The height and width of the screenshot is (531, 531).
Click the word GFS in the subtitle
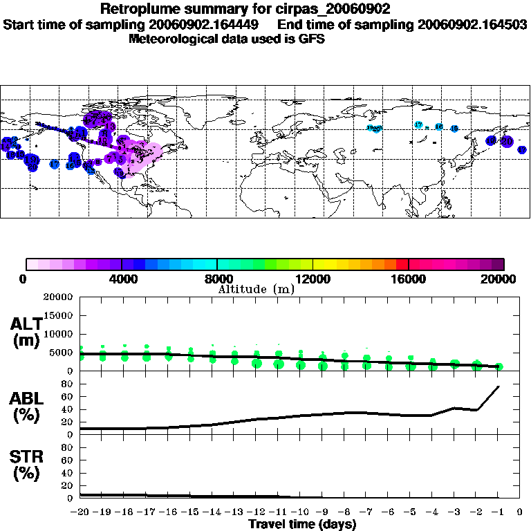pyautogui.click(x=310, y=39)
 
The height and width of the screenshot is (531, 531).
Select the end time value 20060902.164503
pyautogui.click(x=472, y=24)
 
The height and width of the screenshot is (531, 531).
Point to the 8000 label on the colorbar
pyautogui.click(x=216, y=279)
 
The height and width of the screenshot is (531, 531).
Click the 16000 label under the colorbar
pyautogui.click(x=408, y=279)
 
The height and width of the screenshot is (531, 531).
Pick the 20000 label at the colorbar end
pyautogui.click(x=503, y=279)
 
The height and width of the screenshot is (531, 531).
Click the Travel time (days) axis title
pyautogui.click(x=302, y=524)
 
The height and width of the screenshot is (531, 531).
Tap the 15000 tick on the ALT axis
pyautogui.click(x=58, y=315)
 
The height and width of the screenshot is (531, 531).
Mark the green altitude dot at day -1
pyautogui.click(x=499, y=366)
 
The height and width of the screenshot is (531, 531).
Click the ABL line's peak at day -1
pyautogui.click(x=499, y=386)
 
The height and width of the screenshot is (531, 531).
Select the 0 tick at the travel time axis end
pyautogui.click(x=520, y=512)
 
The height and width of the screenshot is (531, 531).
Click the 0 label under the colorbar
pyautogui.click(x=24, y=279)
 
